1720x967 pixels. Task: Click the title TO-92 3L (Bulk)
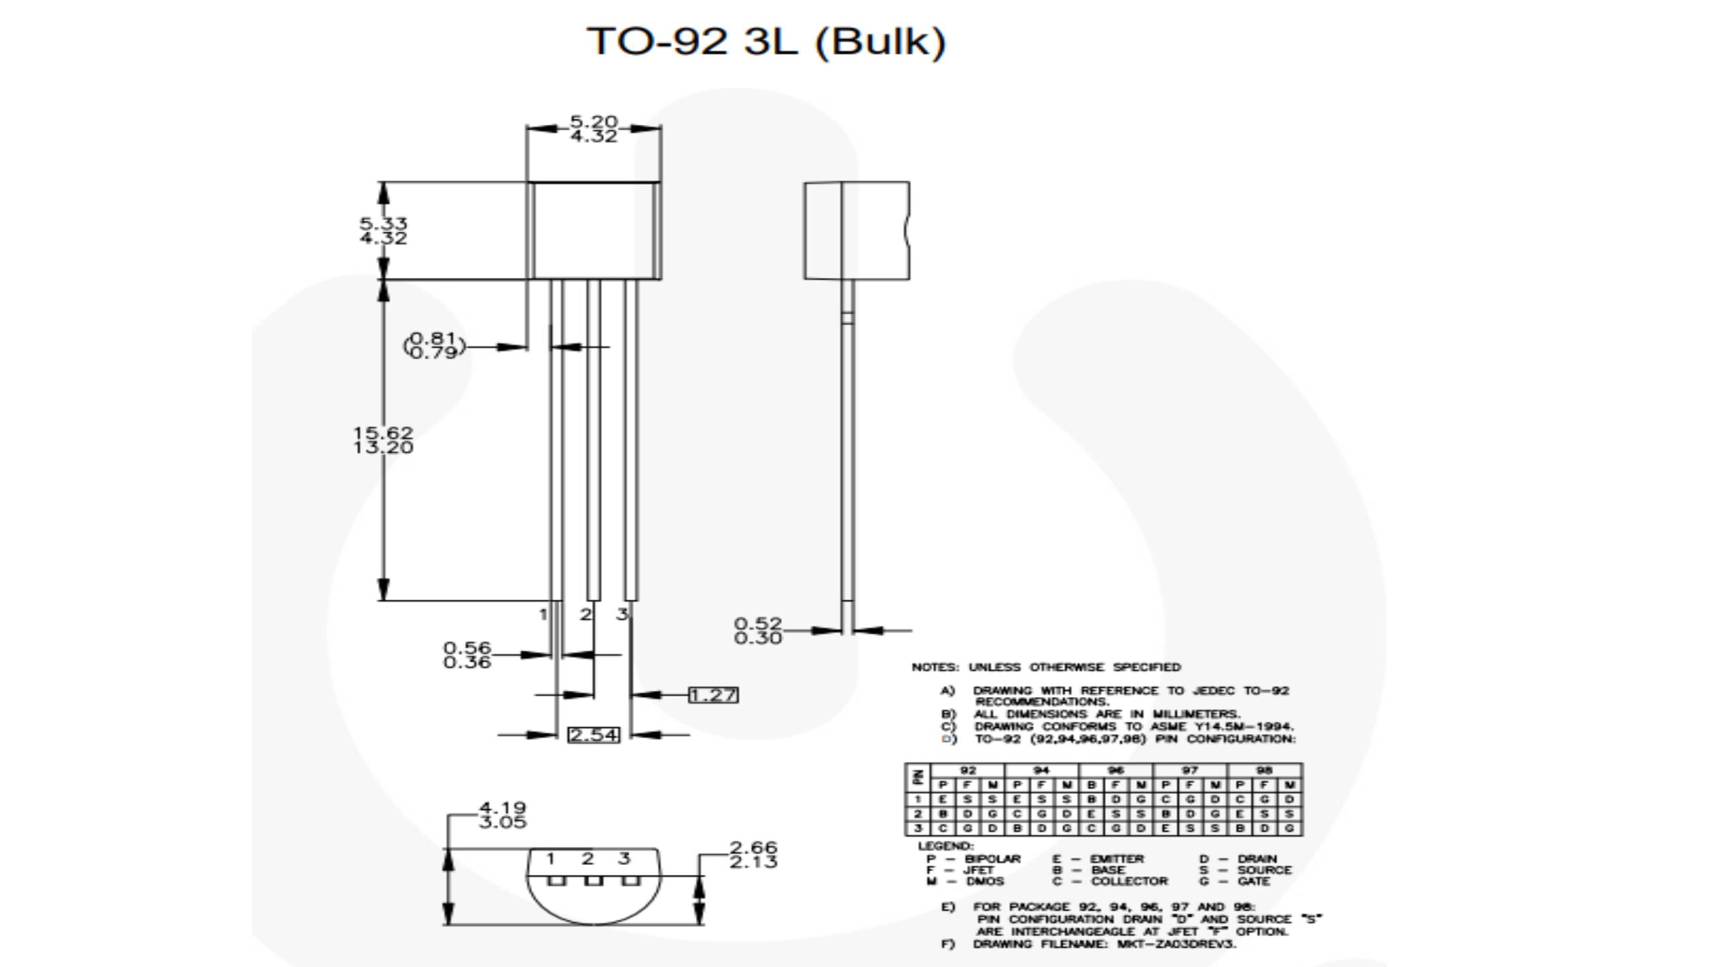tap(767, 42)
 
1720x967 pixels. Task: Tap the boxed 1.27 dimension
tap(713, 695)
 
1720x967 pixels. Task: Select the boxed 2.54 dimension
tap(593, 735)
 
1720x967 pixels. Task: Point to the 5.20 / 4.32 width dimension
tap(593, 129)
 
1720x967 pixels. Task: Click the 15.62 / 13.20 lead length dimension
tap(383, 441)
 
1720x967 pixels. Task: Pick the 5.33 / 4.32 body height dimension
tap(383, 230)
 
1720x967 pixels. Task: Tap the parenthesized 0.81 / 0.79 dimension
tap(434, 346)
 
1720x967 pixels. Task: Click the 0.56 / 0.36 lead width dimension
tap(467, 655)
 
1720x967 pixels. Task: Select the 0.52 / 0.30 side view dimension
tap(758, 631)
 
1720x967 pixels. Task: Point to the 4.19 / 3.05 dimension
tap(502, 815)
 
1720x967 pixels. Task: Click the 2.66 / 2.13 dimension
tap(753, 855)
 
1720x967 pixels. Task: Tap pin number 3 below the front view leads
tap(622, 614)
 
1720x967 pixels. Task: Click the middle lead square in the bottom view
tap(593, 880)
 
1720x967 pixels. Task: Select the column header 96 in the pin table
tap(1115, 770)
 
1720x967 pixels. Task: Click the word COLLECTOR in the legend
tap(1129, 881)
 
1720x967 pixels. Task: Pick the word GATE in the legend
tap(1253, 881)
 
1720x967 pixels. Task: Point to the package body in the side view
tap(857, 230)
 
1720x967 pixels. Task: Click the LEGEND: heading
tap(945, 846)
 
